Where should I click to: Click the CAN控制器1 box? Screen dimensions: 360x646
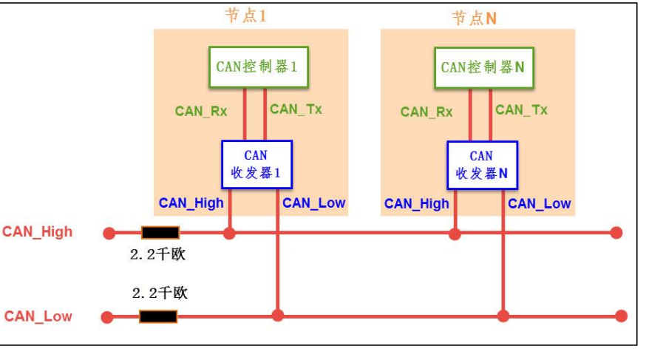pos(258,67)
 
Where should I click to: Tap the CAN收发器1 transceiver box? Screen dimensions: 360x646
pos(257,164)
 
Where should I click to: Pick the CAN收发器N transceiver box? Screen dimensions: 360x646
pos(482,165)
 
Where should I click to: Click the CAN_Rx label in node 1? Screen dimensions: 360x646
pos(201,111)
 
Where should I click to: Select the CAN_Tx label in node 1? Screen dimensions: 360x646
pos(296,109)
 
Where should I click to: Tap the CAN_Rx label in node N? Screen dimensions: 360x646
pos(426,112)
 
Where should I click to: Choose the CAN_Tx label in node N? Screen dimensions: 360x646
pos(521,110)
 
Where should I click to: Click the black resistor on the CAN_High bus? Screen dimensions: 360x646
pos(160,233)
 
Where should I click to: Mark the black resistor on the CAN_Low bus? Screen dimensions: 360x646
pos(158,316)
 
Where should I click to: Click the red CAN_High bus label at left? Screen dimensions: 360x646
pos(38,231)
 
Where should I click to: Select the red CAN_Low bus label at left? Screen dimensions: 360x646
pos(38,316)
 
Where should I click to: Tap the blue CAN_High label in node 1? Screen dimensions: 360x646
pos(191,203)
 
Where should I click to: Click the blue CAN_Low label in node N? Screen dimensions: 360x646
pos(540,203)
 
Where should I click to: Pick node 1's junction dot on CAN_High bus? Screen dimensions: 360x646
pos(229,234)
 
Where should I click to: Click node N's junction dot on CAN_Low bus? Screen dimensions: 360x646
pos(503,316)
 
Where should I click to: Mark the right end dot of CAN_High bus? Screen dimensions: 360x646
pos(616,233)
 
